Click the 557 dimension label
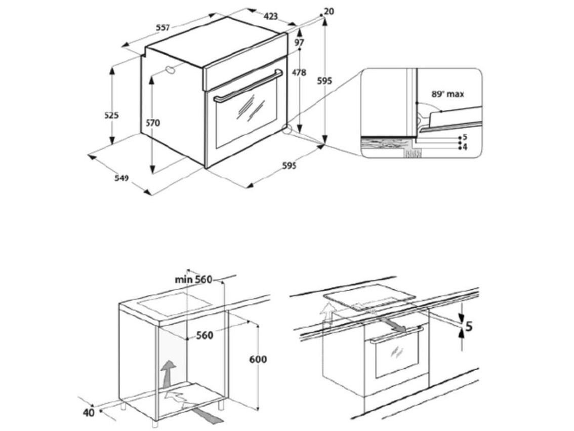click(x=162, y=28)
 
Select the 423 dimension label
click(x=271, y=16)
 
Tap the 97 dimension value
click(x=299, y=43)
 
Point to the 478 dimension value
click(x=299, y=72)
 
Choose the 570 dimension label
click(x=152, y=123)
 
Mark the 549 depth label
click(x=121, y=178)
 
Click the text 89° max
click(x=447, y=94)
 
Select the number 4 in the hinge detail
click(x=465, y=147)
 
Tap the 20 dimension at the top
click(x=329, y=11)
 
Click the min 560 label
click(x=193, y=280)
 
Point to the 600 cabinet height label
click(x=258, y=360)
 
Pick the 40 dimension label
click(x=89, y=412)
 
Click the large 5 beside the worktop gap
click(x=469, y=327)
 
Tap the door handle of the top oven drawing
click(x=248, y=85)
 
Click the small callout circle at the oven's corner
click(x=287, y=130)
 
